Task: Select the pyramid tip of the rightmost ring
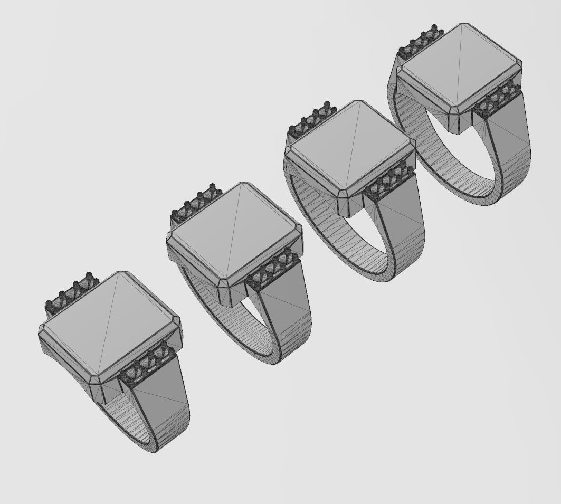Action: pyautogui.click(x=464, y=24)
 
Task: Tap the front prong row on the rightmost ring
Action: pyautogui.click(x=497, y=99)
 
